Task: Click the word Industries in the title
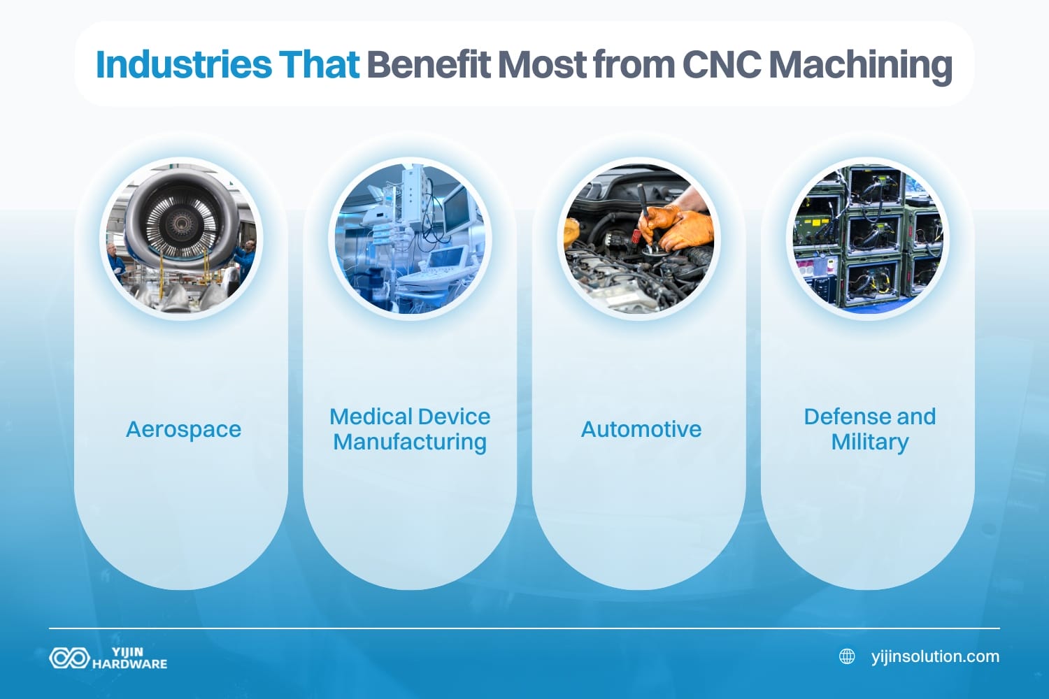click(183, 64)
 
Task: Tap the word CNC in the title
click(721, 64)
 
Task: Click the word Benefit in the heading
click(428, 64)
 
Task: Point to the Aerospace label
click(183, 429)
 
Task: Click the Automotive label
click(641, 429)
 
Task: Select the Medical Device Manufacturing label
click(410, 429)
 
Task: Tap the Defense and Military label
click(869, 429)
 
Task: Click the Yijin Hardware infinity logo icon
click(69, 658)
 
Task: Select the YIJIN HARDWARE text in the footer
click(129, 658)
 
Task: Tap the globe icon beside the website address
click(847, 656)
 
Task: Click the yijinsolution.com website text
click(935, 656)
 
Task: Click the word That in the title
click(319, 64)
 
